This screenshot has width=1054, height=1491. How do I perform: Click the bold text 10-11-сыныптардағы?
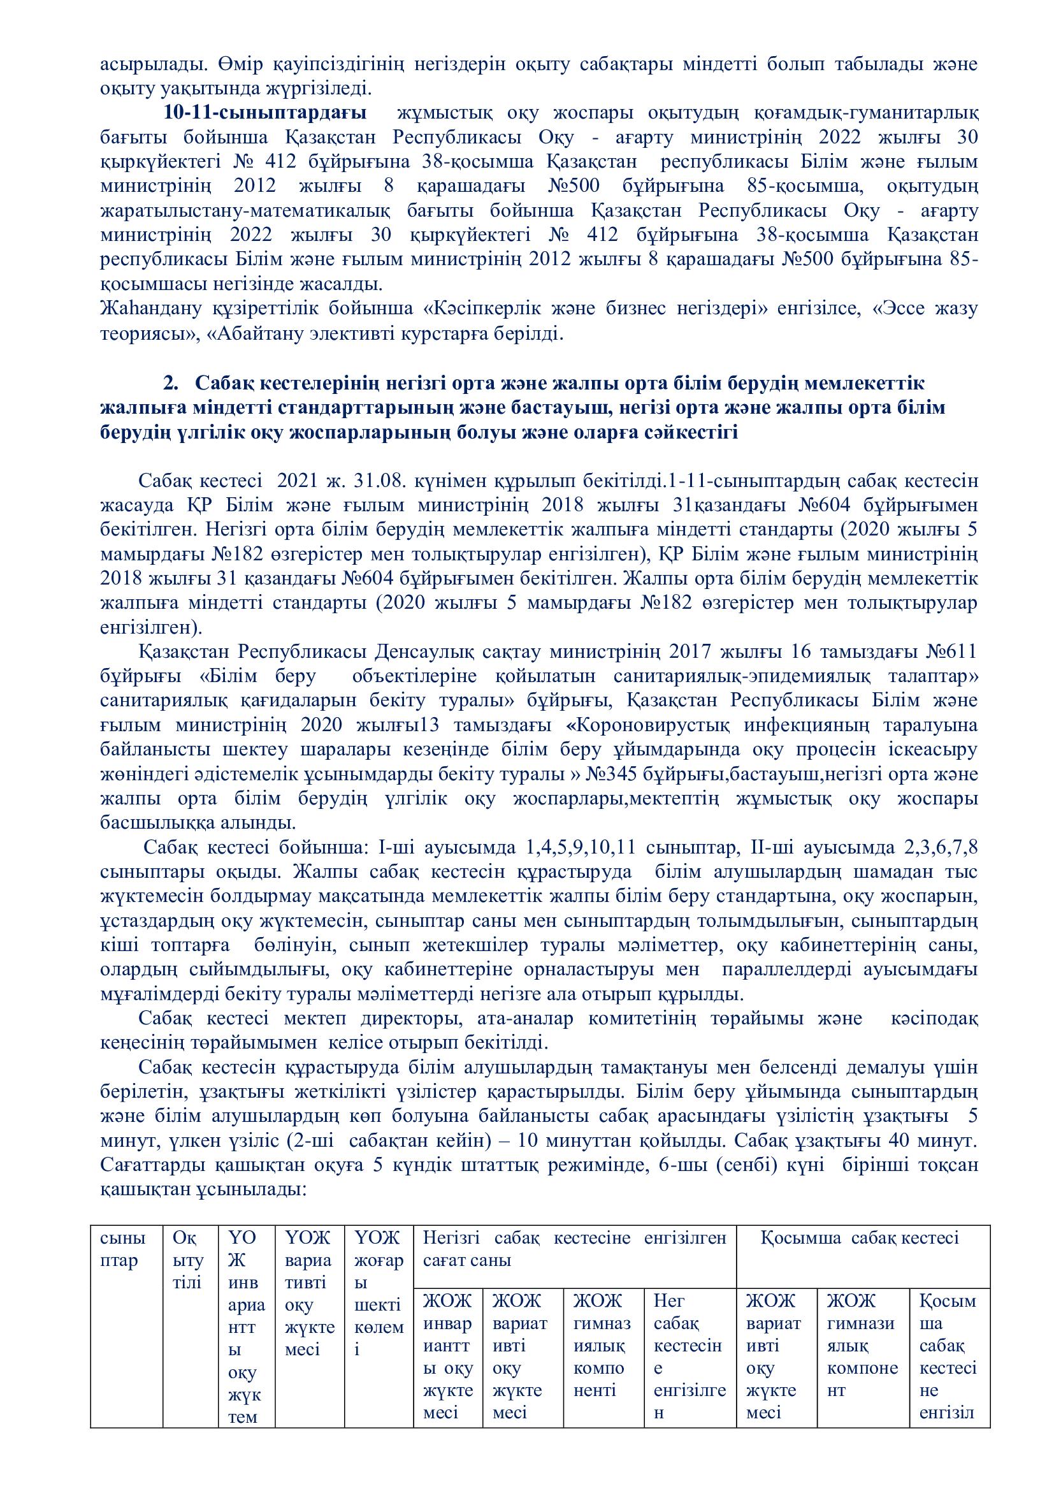pyautogui.click(x=264, y=112)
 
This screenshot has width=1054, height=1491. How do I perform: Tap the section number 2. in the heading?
pyautogui.click(x=171, y=383)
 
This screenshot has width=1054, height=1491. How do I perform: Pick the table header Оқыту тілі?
pyautogui.click(x=187, y=1261)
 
